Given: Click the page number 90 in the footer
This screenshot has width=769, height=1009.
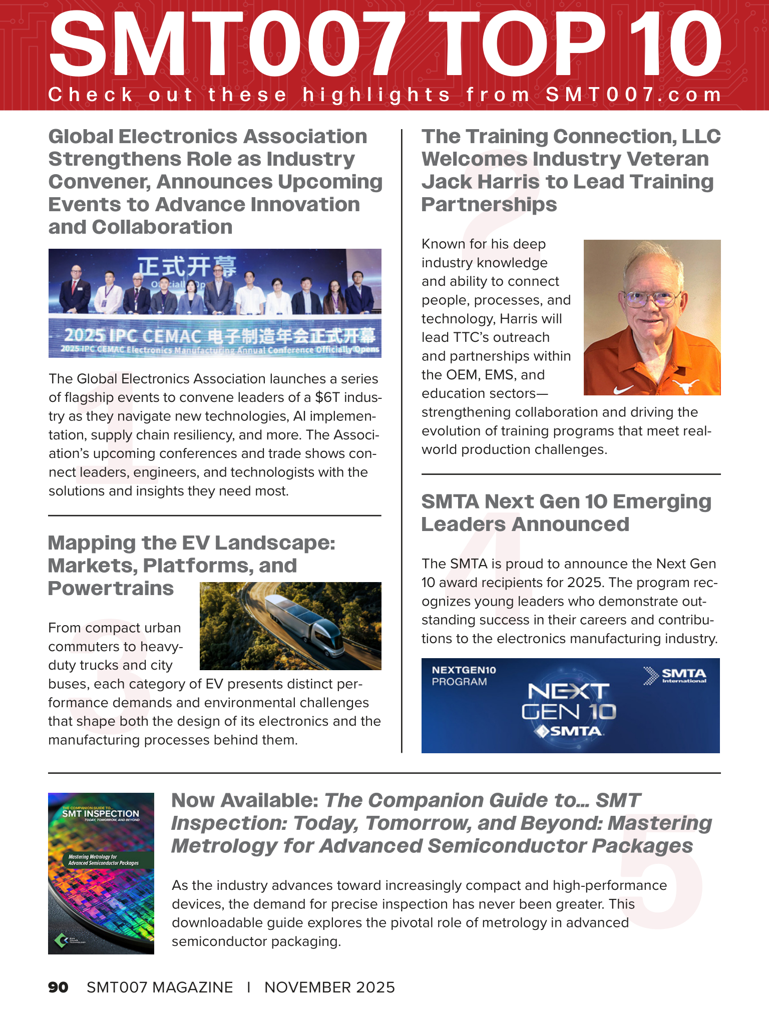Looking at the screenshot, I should [x=58, y=987].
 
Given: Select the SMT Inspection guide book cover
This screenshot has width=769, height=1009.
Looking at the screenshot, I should [x=101, y=873].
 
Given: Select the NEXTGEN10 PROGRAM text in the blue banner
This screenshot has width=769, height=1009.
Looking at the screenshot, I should [x=464, y=676].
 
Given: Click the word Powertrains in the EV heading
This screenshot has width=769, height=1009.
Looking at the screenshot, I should [x=111, y=589].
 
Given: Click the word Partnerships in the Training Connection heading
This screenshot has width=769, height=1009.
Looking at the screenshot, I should [x=489, y=205].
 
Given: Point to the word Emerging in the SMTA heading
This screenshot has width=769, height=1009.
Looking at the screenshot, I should [x=662, y=501].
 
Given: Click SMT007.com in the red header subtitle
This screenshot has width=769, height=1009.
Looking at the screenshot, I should [x=633, y=95].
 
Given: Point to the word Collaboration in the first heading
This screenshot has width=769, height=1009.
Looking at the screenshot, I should [x=162, y=227].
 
